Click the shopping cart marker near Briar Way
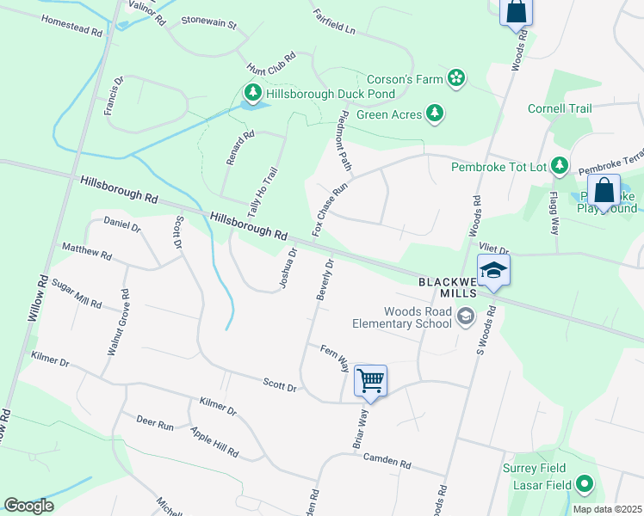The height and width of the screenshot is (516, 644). [x=370, y=379]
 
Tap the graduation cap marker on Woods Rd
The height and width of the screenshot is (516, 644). [x=493, y=270]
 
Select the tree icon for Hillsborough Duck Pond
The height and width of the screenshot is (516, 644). [x=252, y=93]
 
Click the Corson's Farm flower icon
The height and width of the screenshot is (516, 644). [x=456, y=80]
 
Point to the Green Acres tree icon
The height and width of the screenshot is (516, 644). [x=436, y=114]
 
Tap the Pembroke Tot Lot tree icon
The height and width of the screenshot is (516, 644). [x=560, y=165]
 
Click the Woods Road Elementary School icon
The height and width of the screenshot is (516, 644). [x=466, y=317]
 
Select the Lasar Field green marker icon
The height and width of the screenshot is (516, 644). [x=585, y=485]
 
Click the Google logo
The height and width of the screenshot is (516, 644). [x=28, y=506]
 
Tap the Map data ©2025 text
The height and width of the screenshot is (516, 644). [x=607, y=509]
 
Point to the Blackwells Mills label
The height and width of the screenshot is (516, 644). [x=449, y=287]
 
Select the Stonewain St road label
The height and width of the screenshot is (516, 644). [x=208, y=25]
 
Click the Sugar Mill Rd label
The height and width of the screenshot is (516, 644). [x=77, y=294]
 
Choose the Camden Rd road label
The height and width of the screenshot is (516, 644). [x=387, y=461]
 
